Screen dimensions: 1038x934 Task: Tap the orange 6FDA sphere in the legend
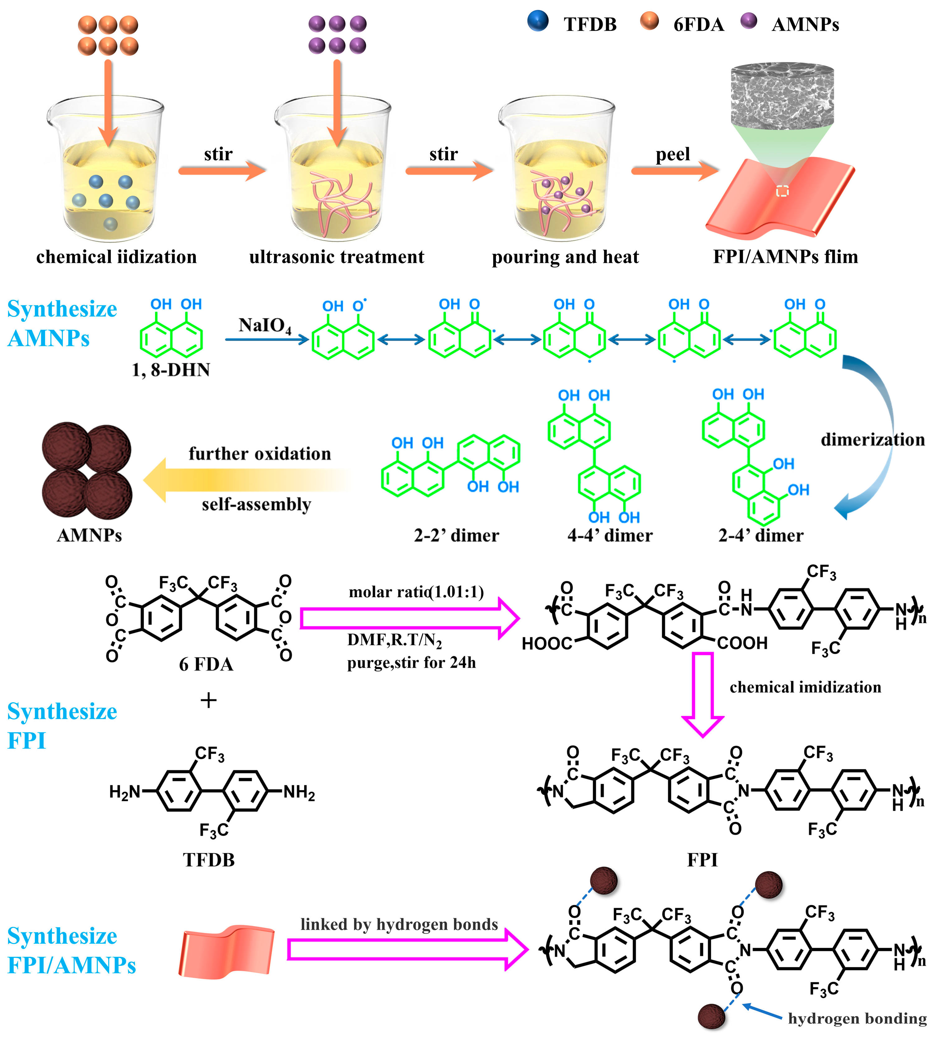point(649,21)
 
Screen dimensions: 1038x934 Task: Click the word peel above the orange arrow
point(672,154)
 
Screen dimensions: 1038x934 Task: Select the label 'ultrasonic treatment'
point(337,257)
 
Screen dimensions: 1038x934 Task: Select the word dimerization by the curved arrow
point(872,440)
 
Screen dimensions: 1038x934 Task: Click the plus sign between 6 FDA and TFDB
point(208,700)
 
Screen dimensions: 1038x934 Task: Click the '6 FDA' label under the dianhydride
point(206,665)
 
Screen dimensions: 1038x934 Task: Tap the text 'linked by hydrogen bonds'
point(399,924)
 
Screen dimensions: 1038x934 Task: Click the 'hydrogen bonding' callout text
point(857,1018)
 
